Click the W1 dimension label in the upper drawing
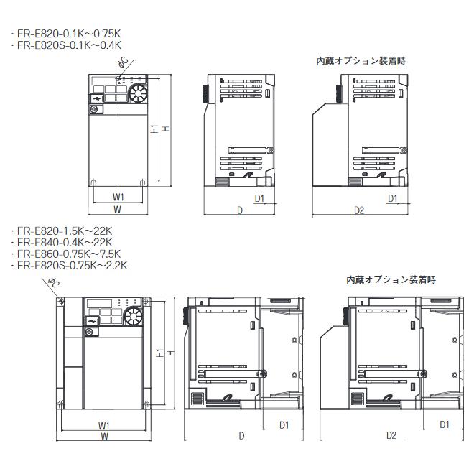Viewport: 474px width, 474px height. [x=118, y=197]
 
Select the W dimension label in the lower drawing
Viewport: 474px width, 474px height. [x=105, y=436]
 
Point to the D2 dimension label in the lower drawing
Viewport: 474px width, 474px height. [x=391, y=435]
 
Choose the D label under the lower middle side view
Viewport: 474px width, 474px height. [x=241, y=435]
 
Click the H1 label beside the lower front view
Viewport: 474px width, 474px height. [x=159, y=353]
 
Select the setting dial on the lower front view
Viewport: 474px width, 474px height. [x=133, y=317]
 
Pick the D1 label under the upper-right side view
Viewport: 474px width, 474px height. [x=393, y=197]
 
